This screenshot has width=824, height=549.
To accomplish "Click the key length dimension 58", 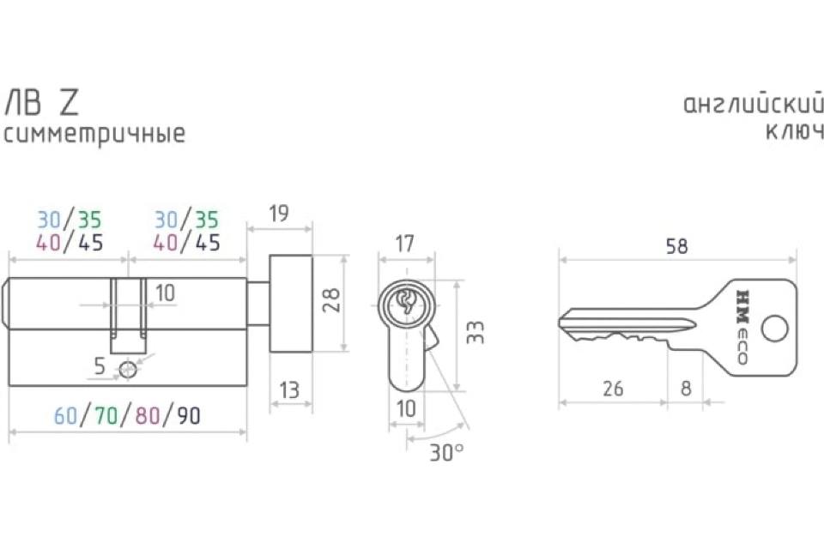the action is [x=676, y=246].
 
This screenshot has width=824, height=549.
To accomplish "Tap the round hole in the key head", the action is [x=774, y=329].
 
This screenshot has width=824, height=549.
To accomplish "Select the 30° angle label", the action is [x=446, y=452].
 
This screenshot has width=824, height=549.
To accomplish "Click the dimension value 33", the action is [x=475, y=333].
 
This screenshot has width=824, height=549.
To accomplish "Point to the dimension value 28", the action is [x=331, y=300].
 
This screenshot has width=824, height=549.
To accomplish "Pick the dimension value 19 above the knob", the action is [x=278, y=214].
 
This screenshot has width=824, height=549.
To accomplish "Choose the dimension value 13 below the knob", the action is [x=289, y=390].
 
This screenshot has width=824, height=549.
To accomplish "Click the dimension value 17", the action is [x=404, y=244].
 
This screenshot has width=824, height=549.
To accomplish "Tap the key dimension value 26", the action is [x=613, y=389].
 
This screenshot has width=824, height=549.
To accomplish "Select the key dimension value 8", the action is [x=686, y=389].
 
